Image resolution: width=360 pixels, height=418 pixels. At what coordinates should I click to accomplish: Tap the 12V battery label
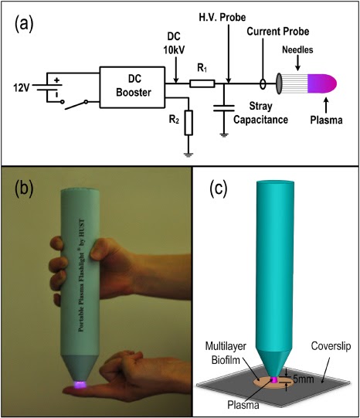(x=21, y=85)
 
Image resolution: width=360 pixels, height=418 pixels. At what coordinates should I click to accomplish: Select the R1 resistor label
(x=202, y=68)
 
